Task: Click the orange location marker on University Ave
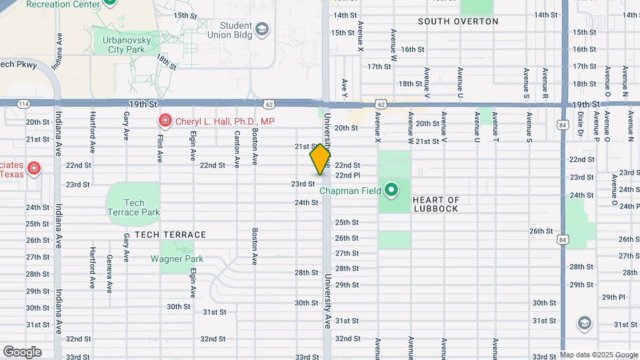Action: (x=321, y=159)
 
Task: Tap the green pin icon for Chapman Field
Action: (x=391, y=191)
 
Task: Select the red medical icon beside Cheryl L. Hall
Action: (x=163, y=121)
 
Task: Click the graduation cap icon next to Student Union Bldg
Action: (x=261, y=29)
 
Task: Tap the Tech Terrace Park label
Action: (x=133, y=207)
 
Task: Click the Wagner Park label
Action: (x=177, y=259)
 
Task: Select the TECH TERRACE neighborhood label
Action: (x=170, y=235)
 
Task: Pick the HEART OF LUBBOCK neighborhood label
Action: (x=436, y=204)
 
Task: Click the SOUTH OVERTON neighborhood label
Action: (x=458, y=21)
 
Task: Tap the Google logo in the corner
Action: (x=22, y=351)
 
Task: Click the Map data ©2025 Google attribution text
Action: (x=599, y=355)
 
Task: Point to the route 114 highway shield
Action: (x=23, y=103)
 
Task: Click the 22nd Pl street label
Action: (x=347, y=175)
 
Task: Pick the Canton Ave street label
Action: (x=237, y=149)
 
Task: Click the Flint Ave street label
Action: (x=160, y=146)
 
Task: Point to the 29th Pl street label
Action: (x=613, y=297)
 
